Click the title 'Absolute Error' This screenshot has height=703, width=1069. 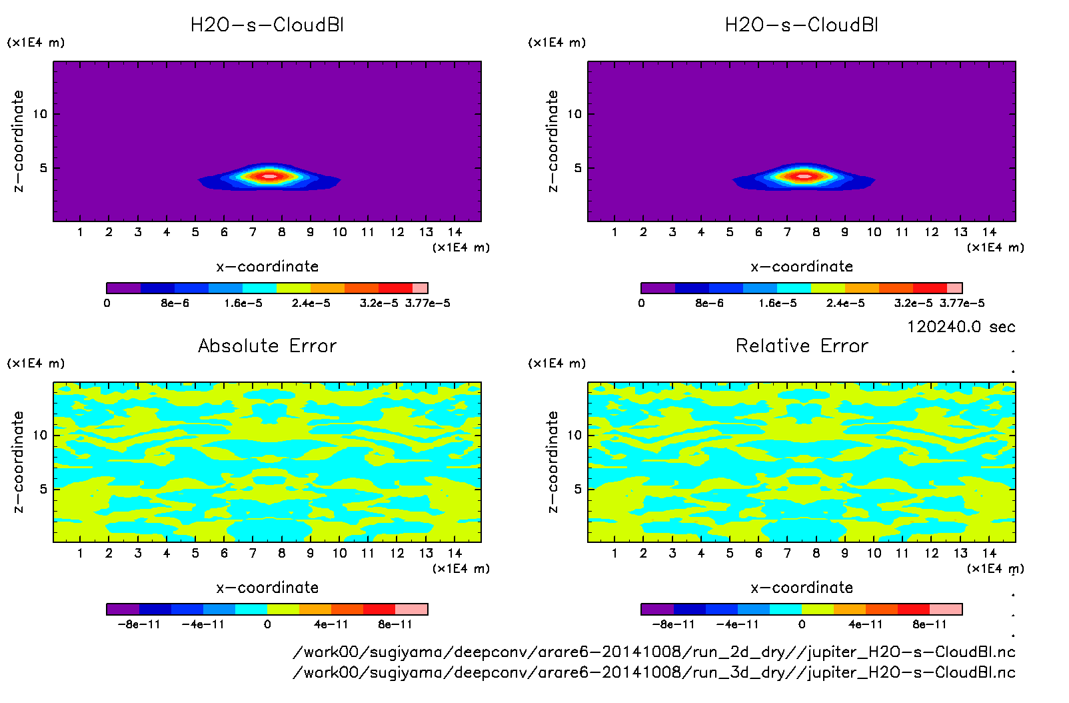pos(267,345)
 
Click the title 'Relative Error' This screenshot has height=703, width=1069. pos(802,345)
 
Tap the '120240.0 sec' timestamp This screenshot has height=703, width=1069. pos(961,327)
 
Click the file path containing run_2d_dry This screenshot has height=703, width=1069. pos(654,652)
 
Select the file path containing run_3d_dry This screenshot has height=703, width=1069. pos(654,672)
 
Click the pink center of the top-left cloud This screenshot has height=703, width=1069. pos(269,176)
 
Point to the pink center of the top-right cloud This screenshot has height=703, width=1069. pos(804,176)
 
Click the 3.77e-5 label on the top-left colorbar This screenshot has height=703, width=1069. pos(427,303)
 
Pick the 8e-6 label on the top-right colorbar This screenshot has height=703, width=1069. pos(709,303)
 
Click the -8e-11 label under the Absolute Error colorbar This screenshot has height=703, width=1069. pos(139,624)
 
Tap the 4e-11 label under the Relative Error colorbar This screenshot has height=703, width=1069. pos(865,624)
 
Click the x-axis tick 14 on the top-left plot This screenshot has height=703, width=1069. pos(455,232)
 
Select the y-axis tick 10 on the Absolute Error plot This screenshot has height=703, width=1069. pos(40,435)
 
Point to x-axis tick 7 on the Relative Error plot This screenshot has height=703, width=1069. pos(787,553)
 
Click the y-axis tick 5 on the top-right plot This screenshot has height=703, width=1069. pos(578,168)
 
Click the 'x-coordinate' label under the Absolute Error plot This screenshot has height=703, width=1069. pos(267,588)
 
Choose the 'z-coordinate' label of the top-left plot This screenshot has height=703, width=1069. pos(18,141)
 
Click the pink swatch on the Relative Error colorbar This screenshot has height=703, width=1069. pos(946,609)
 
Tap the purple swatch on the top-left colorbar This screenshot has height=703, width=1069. pos(124,288)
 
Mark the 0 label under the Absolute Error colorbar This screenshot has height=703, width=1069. pos(267,624)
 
